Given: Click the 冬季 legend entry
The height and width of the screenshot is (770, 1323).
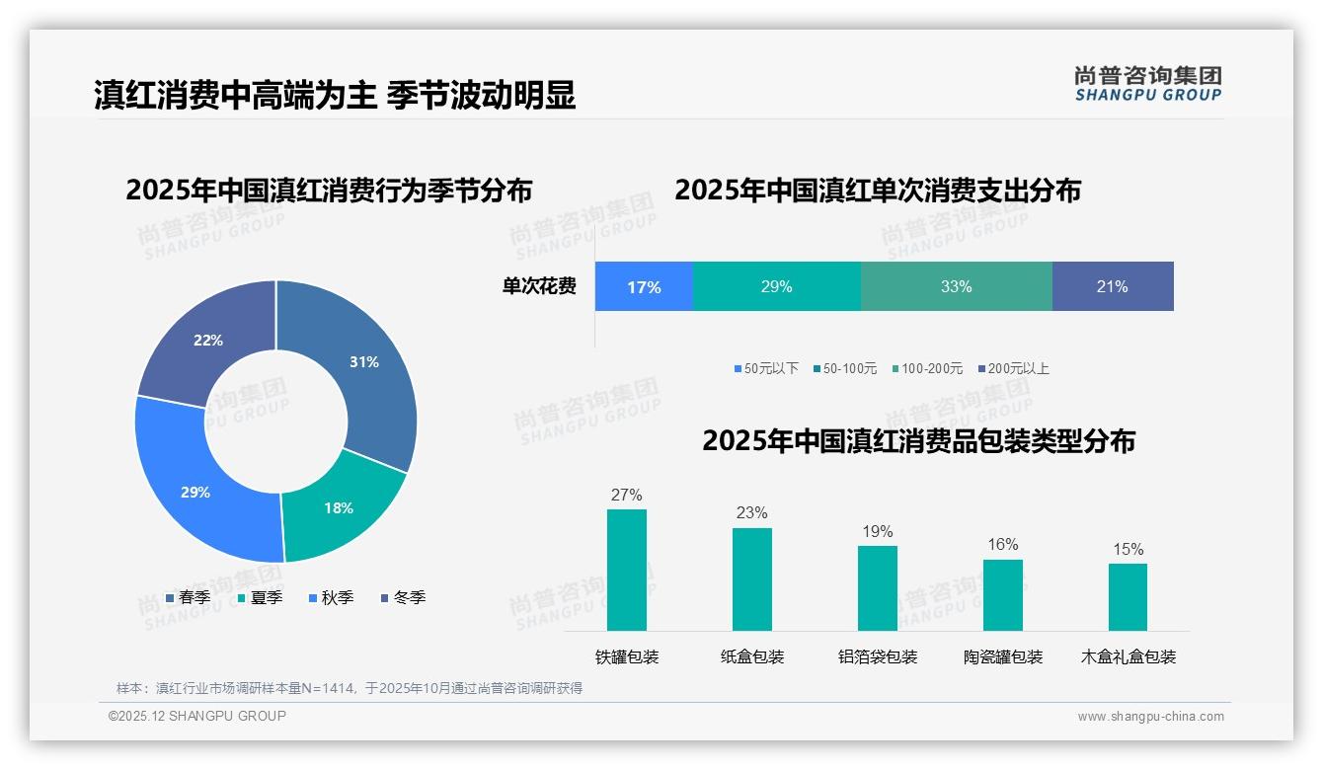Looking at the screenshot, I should (x=402, y=597).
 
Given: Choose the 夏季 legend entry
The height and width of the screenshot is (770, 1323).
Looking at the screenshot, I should (x=259, y=597).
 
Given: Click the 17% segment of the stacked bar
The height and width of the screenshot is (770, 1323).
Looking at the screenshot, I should (x=644, y=287).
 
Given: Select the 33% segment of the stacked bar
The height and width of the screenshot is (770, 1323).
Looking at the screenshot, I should (x=956, y=287).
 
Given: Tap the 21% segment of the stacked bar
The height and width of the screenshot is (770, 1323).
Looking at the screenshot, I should (x=1112, y=287).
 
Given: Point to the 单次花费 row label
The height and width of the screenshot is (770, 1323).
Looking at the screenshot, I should (x=539, y=287).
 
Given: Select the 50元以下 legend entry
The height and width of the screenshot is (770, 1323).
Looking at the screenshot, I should (x=766, y=368).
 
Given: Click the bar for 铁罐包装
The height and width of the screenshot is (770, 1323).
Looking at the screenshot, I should (x=627, y=571).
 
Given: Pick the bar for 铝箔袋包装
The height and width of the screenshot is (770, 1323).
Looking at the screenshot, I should (x=877, y=588).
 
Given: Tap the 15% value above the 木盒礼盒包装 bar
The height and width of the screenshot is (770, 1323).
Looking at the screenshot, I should (x=1128, y=550).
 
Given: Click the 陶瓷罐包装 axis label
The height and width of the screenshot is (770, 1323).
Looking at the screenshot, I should (x=1003, y=657).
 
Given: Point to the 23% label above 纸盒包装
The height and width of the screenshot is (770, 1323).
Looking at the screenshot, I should (x=751, y=513).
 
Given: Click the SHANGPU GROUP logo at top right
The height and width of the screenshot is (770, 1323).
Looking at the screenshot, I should (x=1147, y=84).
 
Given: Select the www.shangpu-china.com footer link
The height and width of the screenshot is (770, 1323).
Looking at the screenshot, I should (x=1150, y=717).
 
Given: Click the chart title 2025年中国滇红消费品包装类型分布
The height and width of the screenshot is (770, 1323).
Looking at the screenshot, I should (x=918, y=441).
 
